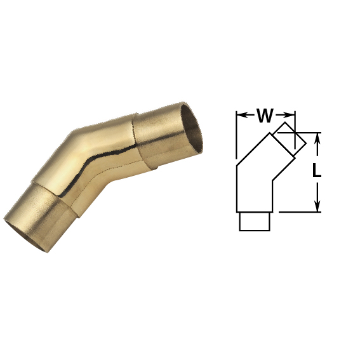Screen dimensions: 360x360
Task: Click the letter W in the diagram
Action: [265, 116]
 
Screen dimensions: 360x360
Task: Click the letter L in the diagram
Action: [317, 171]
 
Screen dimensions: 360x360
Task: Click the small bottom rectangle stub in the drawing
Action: [255, 222]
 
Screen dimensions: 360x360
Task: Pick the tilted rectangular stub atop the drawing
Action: [290, 138]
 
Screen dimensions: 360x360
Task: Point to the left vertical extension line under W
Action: [236, 135]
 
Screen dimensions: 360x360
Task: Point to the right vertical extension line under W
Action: [295, 130]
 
